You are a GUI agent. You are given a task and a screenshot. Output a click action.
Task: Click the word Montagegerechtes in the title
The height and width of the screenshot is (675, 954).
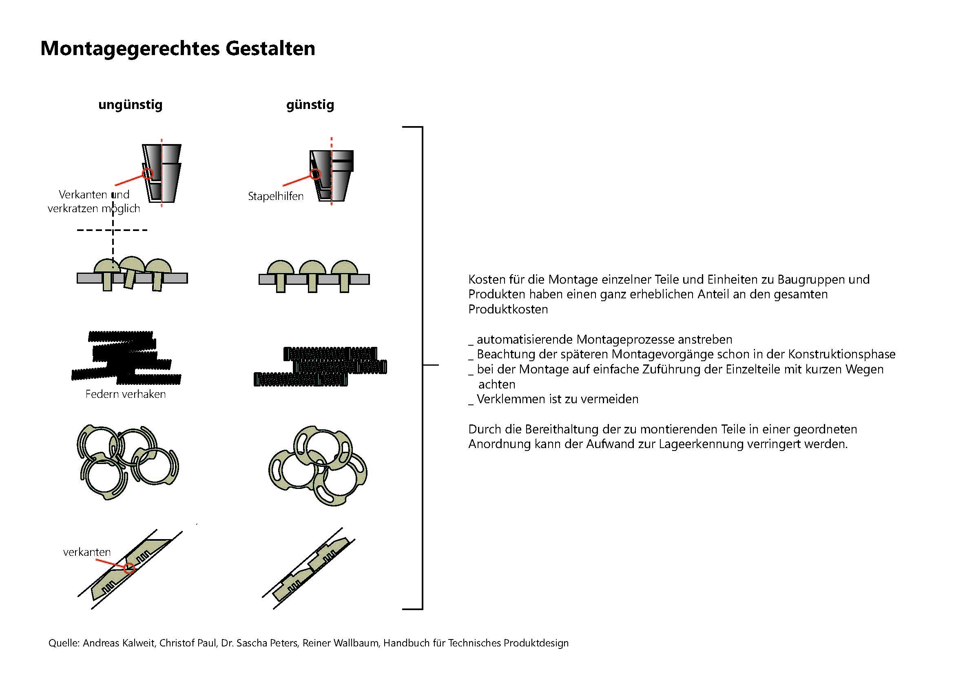tap(130, 49)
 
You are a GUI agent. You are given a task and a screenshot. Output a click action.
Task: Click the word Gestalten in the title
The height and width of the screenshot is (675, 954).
tap(270, 49)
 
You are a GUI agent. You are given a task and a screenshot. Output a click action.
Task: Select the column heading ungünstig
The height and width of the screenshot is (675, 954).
tap(130, 104)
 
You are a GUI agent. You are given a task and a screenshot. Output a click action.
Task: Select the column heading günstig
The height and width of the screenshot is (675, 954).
tap(310, 104)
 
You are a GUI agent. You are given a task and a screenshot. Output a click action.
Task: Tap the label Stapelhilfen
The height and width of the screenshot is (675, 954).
tap(275, 196)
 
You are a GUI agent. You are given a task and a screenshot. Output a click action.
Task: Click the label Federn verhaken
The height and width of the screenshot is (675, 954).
tap(126, 394)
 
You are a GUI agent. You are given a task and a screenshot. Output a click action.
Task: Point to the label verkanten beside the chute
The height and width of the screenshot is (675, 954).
tap(87, 552)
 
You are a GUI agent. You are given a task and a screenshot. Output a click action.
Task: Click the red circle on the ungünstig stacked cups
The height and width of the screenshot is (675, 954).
tap(148, 174)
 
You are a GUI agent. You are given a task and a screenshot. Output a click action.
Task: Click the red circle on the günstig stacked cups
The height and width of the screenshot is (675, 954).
tap(315, 174)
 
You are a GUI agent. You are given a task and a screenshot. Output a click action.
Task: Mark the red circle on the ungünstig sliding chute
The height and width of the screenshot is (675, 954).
tap(129, 568)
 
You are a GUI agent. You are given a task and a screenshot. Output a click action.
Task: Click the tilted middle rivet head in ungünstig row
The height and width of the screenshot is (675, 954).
tap(132, 264)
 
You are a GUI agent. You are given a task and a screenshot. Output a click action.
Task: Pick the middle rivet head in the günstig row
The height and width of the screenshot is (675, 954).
tap(312, 268)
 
